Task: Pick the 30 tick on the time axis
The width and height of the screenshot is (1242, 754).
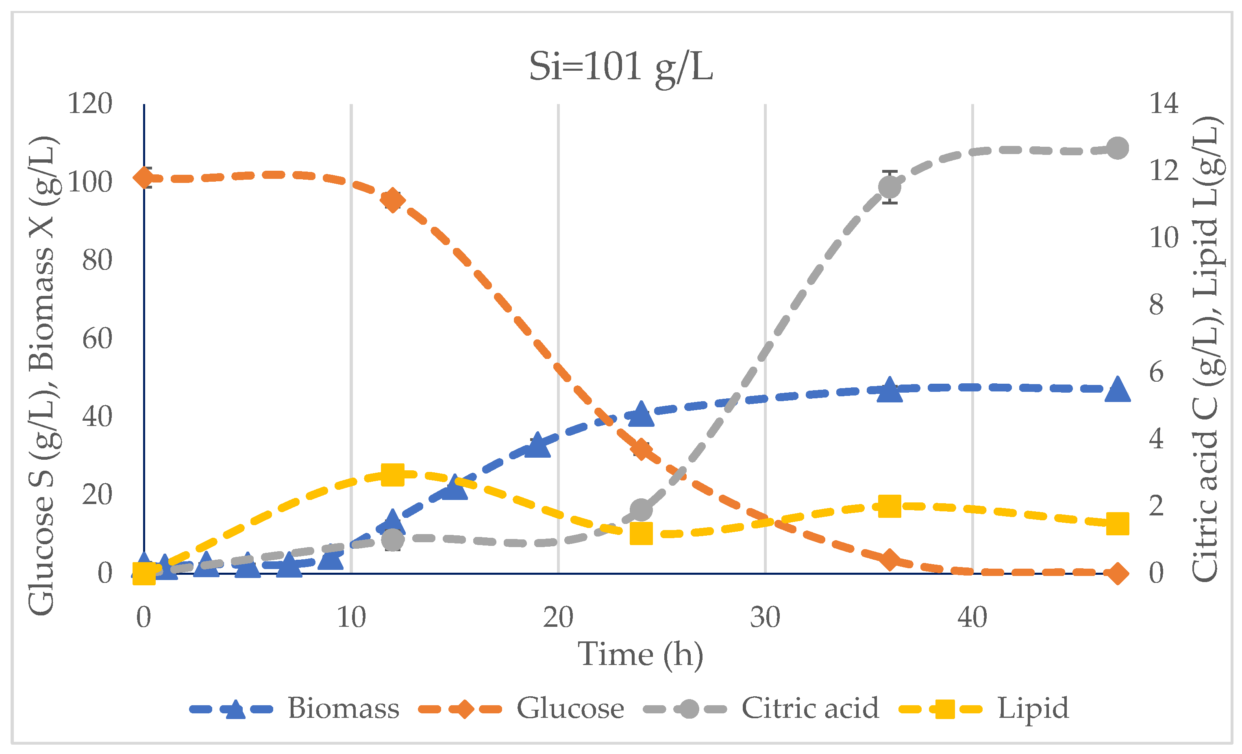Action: (x=765, y=617)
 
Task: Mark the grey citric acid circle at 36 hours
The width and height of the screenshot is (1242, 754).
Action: (x=890, y=187)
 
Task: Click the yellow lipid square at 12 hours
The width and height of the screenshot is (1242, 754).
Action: (x=393, y=475)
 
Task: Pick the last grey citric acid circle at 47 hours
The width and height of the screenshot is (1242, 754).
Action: (x=1118, y=148)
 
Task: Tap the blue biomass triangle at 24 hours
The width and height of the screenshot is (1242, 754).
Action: (x=641, y=414)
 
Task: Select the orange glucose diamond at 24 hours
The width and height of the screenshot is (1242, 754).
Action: (x=641, y=449)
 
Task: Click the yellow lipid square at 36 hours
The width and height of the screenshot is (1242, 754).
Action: (x=890, y=506)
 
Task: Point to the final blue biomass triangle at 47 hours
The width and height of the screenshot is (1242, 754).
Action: (x=1118, y=389)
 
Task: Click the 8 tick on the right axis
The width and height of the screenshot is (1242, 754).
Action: (x=1156, y=304)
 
